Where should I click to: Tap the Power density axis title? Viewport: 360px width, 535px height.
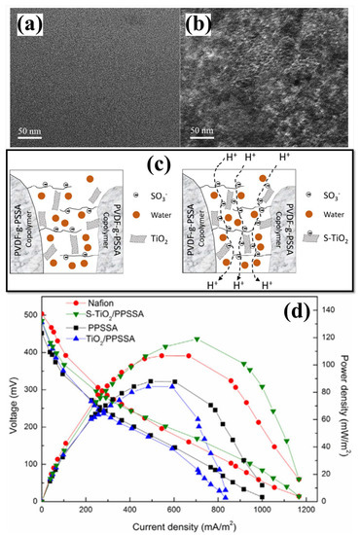350,404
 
